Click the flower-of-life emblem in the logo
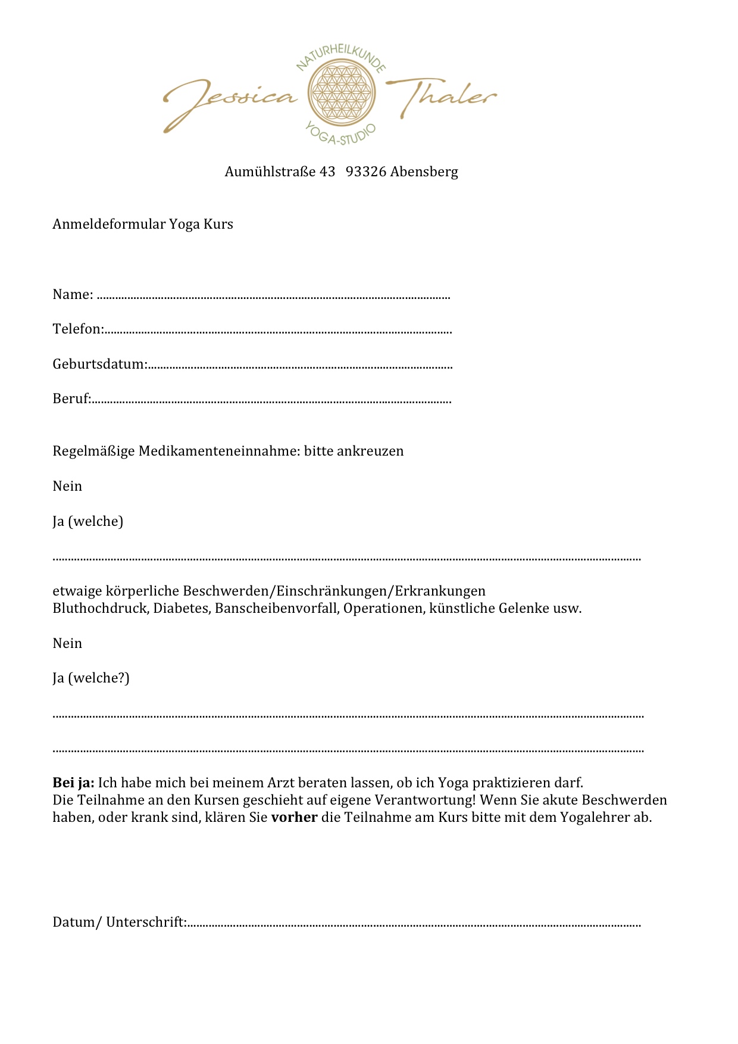(342, 92)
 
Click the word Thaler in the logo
(443, 95)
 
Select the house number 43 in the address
(327, 172)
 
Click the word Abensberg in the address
(424, 172)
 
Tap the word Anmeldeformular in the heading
(109, 224)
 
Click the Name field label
(73, 294)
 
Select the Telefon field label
(77, 329)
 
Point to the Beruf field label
(71, 398)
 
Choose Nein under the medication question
(67, 486)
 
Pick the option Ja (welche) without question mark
(87, 521)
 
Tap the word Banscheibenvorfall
(277, 608)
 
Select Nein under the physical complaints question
(67, 643)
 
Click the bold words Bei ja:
(73, 783)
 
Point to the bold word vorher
(294, 817)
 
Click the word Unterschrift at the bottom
(146, 922)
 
